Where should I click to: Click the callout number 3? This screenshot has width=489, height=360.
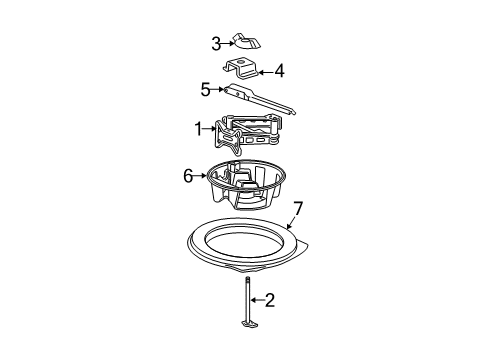click(x=216, y=44)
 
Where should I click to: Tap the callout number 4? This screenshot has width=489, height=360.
click(x=279, y=71)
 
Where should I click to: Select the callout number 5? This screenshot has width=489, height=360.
click(x=205, y=89)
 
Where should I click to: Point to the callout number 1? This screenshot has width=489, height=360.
click(x=199, y=129)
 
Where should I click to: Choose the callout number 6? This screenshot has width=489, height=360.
click(x=188, y=176)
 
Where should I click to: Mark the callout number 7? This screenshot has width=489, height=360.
click(x=297, y=209)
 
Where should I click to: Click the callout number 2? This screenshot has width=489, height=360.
click(x=270, y=300)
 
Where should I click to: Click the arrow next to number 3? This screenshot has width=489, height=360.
click(x=228, y=43)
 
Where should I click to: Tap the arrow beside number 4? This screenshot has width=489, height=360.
click(x=266, y=72)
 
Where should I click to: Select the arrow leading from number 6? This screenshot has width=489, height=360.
click(x=200, y=175)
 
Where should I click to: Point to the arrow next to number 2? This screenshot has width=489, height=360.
click(x=257, y=300)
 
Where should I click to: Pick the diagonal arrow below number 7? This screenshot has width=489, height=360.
click(x=291, y=222)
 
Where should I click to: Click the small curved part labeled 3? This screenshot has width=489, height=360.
click(x=247, y=41)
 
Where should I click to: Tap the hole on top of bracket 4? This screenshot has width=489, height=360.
click(x=240, y=61)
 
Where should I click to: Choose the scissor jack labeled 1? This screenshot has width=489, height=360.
click(x=248, y=133)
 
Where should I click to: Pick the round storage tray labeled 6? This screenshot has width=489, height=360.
click(x=246, y=184)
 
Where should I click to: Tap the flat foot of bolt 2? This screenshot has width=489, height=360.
click(x=248, y=324)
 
